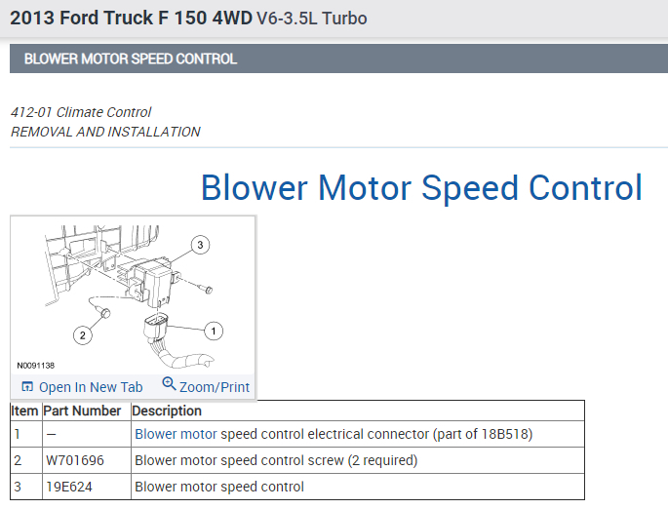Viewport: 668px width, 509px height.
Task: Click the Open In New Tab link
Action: [90, 387]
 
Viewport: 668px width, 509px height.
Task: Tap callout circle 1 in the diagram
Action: [212, 330]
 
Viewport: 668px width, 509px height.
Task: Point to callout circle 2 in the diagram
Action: [83, 335]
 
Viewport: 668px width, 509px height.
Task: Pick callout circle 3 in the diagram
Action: [199, 245]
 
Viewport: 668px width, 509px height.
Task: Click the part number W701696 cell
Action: [74, 460]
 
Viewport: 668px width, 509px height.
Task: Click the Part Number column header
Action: [83, 411]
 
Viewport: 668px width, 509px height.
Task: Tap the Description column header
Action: [167, 411]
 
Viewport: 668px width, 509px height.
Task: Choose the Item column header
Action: [25, 411]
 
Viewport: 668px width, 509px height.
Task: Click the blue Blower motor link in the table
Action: [176, 434]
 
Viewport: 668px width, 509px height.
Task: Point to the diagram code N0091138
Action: [35, 366]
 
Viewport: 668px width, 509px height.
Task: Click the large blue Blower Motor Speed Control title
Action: [421, 187]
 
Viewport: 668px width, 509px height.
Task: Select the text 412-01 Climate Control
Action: [81, 112]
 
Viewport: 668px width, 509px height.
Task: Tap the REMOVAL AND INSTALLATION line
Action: [105, 132]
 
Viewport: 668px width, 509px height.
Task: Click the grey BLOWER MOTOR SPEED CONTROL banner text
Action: [131, 59]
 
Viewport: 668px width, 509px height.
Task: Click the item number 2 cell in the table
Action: [18, 460]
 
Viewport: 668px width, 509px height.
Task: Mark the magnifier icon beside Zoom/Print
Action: [169, 384]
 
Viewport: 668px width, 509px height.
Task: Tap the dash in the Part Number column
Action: [51, 434]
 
